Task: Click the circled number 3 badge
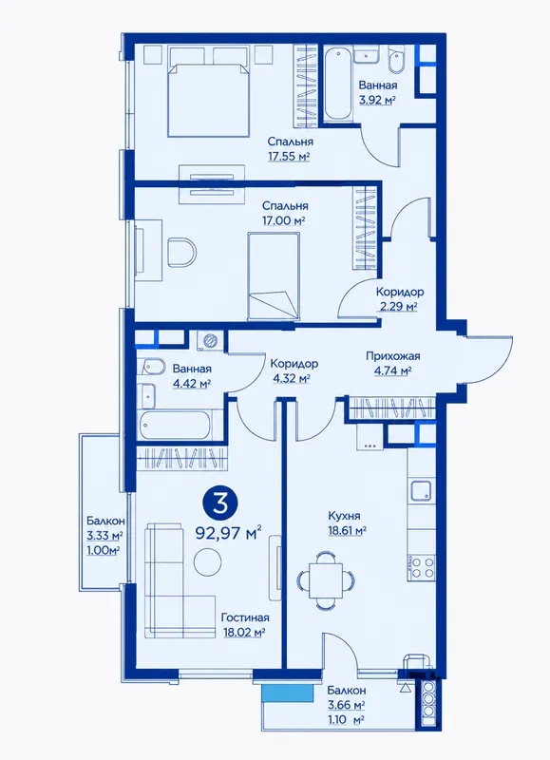point(220,504)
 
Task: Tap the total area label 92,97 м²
point(229,533)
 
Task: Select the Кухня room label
point(344,516)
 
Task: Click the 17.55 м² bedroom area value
point(289,157)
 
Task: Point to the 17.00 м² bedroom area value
point(283,220)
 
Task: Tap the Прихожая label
point(393,356)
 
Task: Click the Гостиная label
point(245,618)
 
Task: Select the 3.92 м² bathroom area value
point(378,101)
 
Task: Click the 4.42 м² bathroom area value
point(192,384)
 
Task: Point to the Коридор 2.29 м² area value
point(397,306)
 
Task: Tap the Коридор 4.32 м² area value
point(292,378)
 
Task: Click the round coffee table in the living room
point(208,562)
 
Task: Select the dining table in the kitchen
point(326,579)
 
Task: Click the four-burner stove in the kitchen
point(421,568)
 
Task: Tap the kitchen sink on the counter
point(421,490)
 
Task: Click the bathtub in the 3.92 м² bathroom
point(337,83)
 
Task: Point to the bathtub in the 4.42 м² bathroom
point(176,425)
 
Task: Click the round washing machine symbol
point(211,340)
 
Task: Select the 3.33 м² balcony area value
point(104,536)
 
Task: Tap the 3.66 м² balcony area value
point(346,704)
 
